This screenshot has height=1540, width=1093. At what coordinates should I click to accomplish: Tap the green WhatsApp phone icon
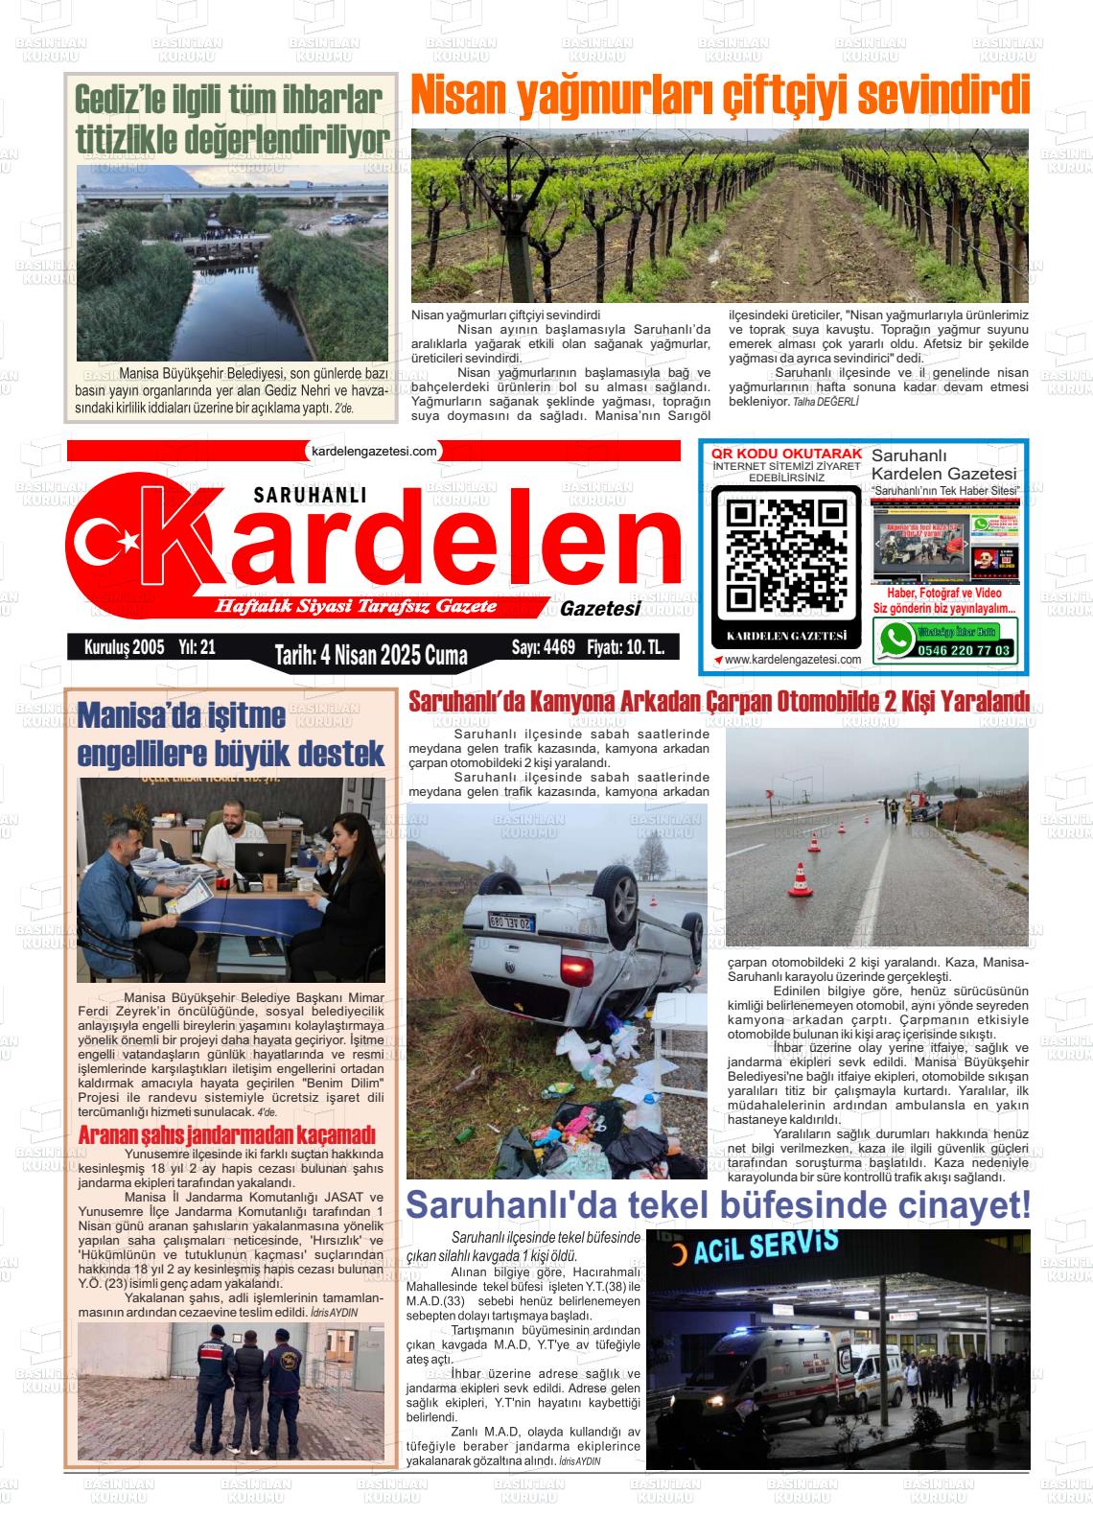[x=897, y=640]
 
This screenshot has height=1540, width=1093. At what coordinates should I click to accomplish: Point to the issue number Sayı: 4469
[x=544, y=647]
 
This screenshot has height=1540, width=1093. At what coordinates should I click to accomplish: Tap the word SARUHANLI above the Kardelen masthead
[x=311, y=495]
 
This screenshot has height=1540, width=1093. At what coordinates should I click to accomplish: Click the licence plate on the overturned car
[x=512, y=921]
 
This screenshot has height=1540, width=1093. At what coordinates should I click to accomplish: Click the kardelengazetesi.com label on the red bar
[x=374, y=450]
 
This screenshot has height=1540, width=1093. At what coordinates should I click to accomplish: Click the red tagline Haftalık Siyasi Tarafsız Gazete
[x=356, y=607]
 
